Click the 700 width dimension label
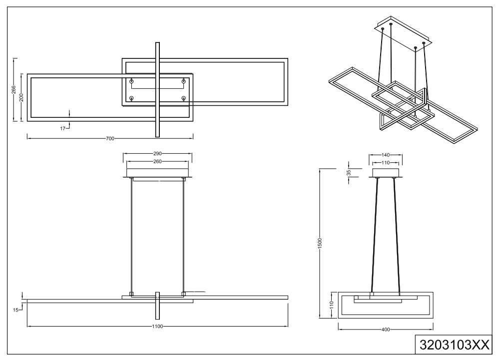(x=110, y=138)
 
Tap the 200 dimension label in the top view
(x=21, y=97)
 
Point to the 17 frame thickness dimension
(x=63, y=129)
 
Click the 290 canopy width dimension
(x=158, y=154)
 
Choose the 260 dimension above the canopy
(x=158, y=162)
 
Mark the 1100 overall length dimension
(x=158, y=326)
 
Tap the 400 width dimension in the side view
(x=386, y=329)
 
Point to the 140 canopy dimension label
(x=386, y=155)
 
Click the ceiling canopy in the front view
(x=158, y=173)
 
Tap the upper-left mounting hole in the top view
(x=132, y=81)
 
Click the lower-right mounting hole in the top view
(x=184, y=98)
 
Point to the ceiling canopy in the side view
(x=386, y=173)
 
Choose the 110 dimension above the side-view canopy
(x=386, y=163)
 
